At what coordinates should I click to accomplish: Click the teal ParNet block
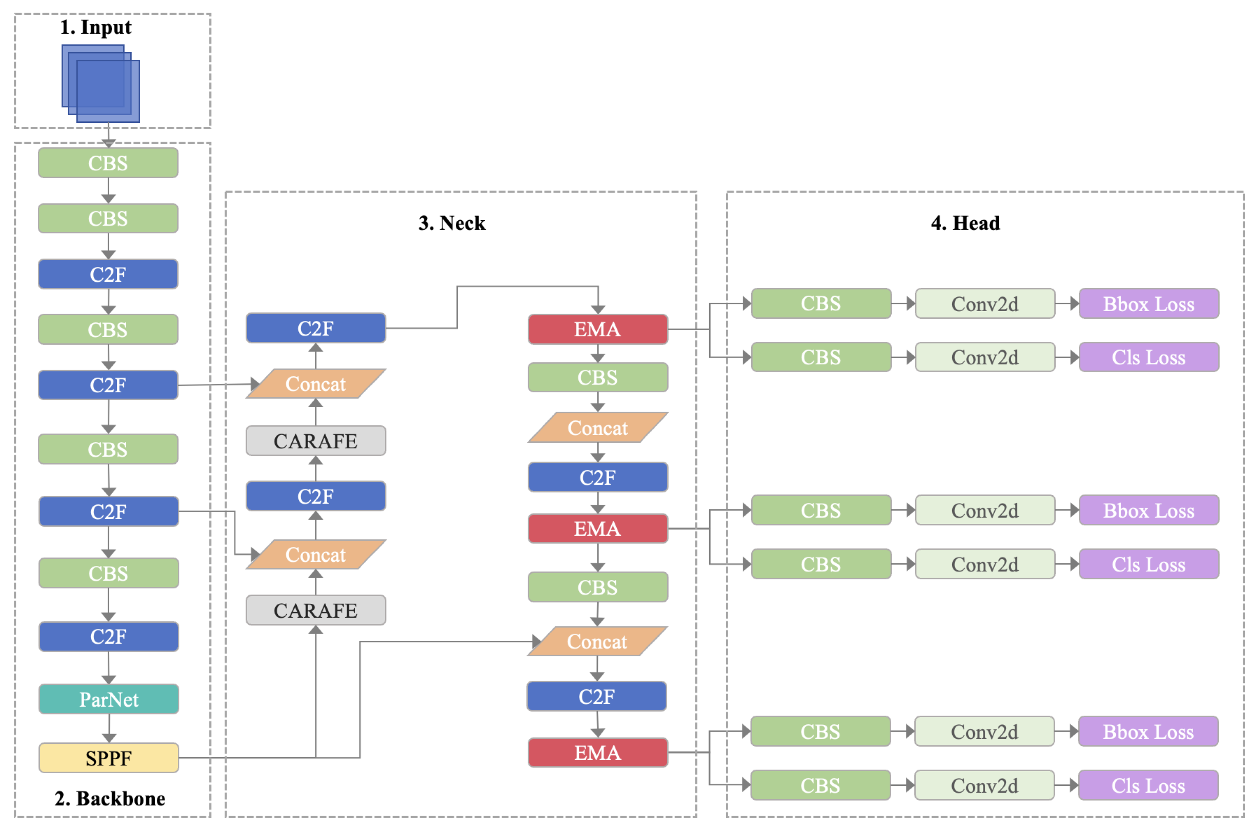point(108,699)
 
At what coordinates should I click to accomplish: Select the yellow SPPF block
point(108,758)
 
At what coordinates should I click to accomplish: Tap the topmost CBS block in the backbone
point(108,163)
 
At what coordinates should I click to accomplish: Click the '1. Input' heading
point(96,27)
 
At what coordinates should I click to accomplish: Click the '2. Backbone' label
point(110,798)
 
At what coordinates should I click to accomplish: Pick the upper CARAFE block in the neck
point(316,441)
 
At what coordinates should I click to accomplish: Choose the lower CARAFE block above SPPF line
point(316,610)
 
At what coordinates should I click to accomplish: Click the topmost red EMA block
point(597,329)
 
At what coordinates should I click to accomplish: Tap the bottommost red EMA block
point(597,753)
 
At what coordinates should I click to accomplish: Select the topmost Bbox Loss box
point(1149,304)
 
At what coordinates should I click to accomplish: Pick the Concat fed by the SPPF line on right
point(597,642)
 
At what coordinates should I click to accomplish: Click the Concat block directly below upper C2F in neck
point(316,384)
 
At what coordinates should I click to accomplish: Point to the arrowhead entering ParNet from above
point(108,680)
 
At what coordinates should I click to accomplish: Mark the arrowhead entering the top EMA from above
point(598,310)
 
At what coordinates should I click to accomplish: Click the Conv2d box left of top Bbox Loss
point(985,304)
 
